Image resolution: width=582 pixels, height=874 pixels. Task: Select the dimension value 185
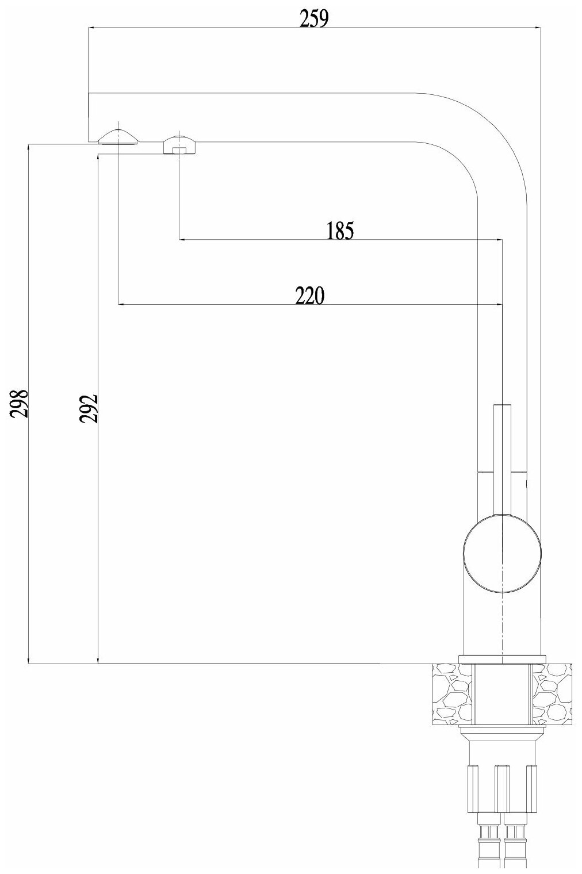[339, 231]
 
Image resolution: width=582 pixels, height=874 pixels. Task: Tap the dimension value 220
[310, 296]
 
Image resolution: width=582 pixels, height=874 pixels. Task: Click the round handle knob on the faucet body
[502, 554]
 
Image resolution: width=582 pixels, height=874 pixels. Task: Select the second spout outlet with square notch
[179, 145]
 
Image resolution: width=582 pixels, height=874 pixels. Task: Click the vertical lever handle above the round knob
[502, 454]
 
